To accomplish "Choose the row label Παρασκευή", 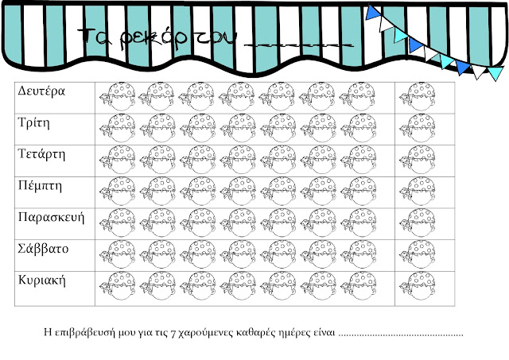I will pos(50,217).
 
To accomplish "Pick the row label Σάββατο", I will pos(43,249).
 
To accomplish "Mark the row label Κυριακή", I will pos(41,280).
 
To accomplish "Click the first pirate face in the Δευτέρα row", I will pos(115,98).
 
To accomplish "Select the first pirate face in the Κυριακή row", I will pos(115,288).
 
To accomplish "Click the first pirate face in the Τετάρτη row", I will pos(115,161).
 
